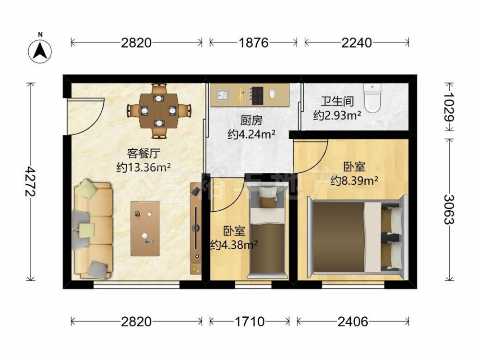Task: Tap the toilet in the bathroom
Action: click(x=372, y=97)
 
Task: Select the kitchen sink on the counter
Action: click(x=222, y=95)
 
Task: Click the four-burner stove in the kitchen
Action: click(x=256, y=95)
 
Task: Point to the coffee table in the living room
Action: click(x=145, y=228)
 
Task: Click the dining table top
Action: click(x=158, y=111)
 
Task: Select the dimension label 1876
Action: click(x=253, y=43)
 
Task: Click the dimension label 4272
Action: click(x=31, y=181)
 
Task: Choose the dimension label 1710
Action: click(x=250, y=322)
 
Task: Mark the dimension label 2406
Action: click(x=353, y=322)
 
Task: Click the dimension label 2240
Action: click(x=357, y=43)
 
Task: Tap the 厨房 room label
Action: click(x=251, y=120)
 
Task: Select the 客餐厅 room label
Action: click(x=144, y=154)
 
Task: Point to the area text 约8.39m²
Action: click(x=354, y=181)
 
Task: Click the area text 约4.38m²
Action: click(x=234, y=245)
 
